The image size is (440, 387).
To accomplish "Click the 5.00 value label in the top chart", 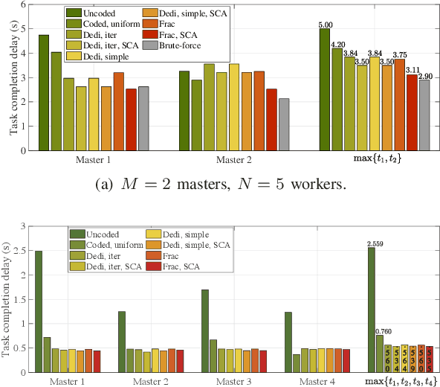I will (325, 25).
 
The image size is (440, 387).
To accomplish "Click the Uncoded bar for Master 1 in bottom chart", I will (39, 312).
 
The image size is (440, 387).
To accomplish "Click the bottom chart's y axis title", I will (7, 298).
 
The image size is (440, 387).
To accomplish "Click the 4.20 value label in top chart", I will (338, 44).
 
